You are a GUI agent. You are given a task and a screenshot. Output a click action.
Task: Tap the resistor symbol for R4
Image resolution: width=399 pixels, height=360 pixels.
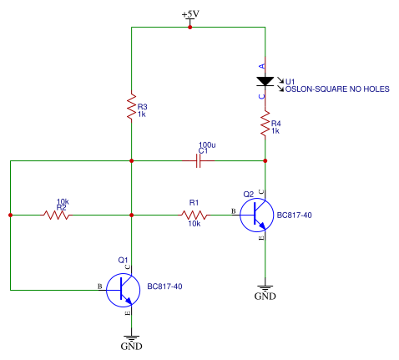pos(265,125)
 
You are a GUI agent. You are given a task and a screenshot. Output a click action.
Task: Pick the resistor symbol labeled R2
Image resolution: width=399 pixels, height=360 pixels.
pos(57,215)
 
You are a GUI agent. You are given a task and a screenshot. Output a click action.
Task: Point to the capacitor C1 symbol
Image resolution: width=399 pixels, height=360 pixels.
pos(199,160)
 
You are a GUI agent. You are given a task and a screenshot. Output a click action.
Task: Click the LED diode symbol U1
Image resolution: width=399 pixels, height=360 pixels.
pos(265,82)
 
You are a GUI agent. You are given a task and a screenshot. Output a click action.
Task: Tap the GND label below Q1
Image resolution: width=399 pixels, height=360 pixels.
pos(132,345)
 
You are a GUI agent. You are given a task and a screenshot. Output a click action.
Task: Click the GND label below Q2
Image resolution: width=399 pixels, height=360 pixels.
pos(265,295)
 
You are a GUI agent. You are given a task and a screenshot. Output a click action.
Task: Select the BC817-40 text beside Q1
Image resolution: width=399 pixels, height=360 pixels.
pos(164,286)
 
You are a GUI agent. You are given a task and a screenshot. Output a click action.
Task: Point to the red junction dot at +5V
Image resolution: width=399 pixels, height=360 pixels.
pos(190,27)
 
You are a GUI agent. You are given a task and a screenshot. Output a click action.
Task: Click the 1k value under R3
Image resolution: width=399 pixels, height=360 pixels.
pos(142,114)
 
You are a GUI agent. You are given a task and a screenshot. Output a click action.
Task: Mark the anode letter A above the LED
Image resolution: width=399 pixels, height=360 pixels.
pos(262,65)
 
